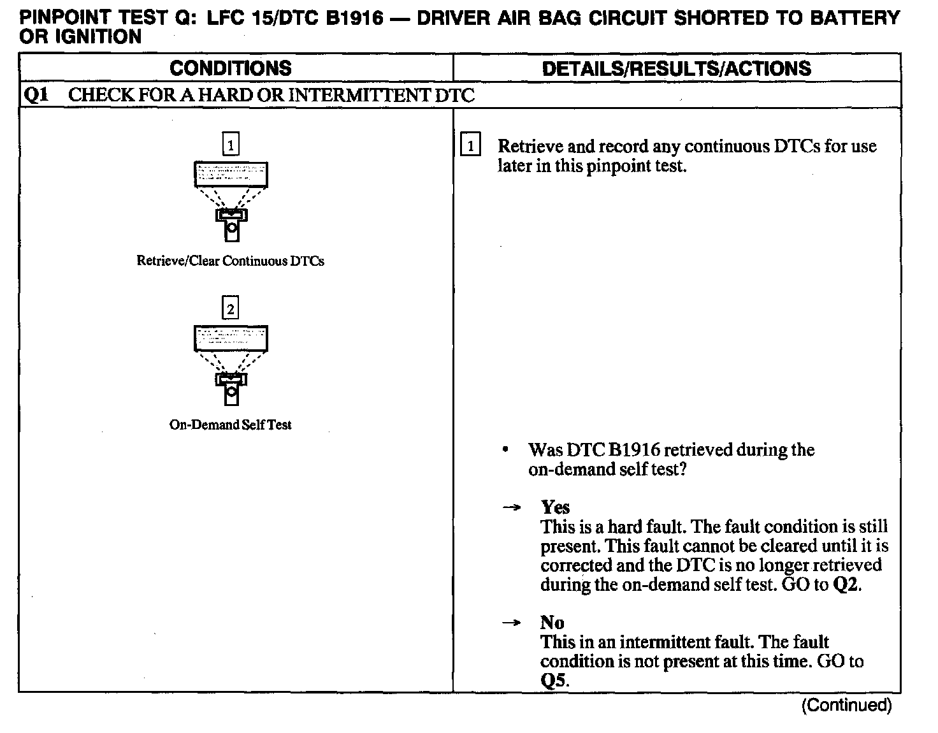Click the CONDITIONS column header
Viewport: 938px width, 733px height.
tap(231, 68)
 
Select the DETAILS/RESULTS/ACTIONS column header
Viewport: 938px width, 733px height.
tap(676, 68)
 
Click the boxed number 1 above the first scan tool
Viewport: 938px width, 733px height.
tap(230, 145)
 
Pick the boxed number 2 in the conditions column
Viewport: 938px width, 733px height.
tap(230, 309)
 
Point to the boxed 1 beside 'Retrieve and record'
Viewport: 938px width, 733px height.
tap(470, 147)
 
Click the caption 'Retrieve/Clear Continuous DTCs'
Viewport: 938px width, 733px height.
tap(230, 261)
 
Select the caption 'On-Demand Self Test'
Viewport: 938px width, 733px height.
tap(230, 425)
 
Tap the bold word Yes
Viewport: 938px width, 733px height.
tap(555, 507)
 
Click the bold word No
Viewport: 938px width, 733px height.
tap(552, 623)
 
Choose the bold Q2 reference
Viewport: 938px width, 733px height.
tap(846, 585)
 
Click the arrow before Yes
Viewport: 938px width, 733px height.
tap(510, 508)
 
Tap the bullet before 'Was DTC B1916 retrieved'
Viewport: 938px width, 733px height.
tap(505, 450)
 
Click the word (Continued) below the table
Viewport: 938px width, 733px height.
tap(846, 705)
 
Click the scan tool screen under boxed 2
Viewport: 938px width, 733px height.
tap(230, 338)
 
